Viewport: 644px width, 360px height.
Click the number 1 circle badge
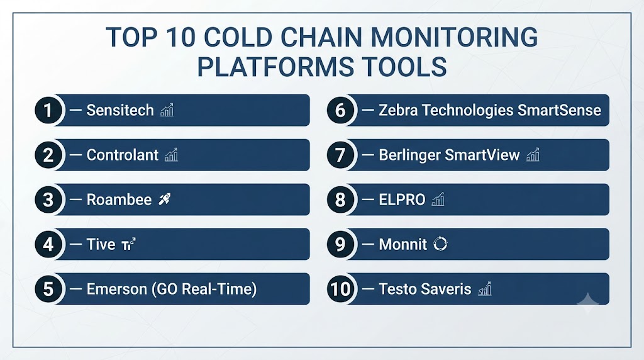tap(48, 110)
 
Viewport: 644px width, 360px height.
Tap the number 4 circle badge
tap(48, 244)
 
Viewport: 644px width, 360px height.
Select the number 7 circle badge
tap(340, 155)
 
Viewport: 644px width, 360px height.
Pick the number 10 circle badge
tap(340, 289)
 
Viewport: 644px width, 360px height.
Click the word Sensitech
tap(120, 110)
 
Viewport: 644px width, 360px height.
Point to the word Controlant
tap(123, 155)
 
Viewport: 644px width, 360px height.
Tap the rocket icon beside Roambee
tap(165, 200)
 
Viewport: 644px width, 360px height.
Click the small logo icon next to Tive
tap(128, 244)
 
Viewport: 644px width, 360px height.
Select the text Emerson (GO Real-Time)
tap(172, 289)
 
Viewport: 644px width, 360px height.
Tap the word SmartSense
tap(559, 110)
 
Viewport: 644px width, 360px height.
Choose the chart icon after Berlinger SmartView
tap(533, 155)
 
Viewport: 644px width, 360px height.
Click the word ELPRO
tap(402, 200)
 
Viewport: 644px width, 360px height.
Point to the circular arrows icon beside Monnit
tap(440, 244)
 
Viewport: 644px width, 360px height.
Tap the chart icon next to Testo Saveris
tap(485, 288)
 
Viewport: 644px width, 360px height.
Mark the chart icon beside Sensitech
tap(167, 110)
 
